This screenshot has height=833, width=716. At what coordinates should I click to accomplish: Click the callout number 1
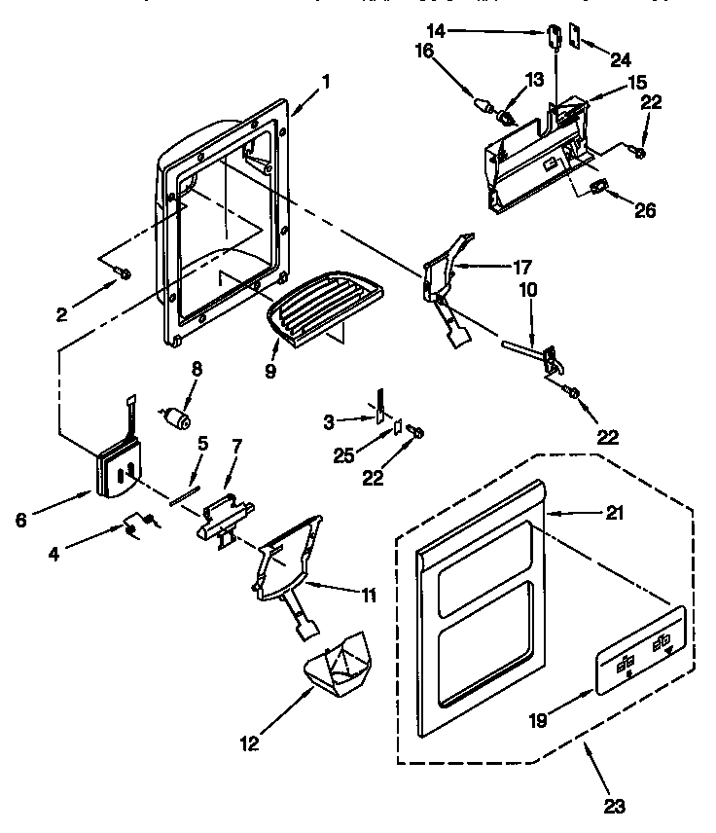point(326,82)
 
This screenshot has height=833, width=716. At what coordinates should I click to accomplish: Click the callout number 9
point(270,371)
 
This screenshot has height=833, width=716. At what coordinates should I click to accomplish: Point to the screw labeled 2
point(124,275)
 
